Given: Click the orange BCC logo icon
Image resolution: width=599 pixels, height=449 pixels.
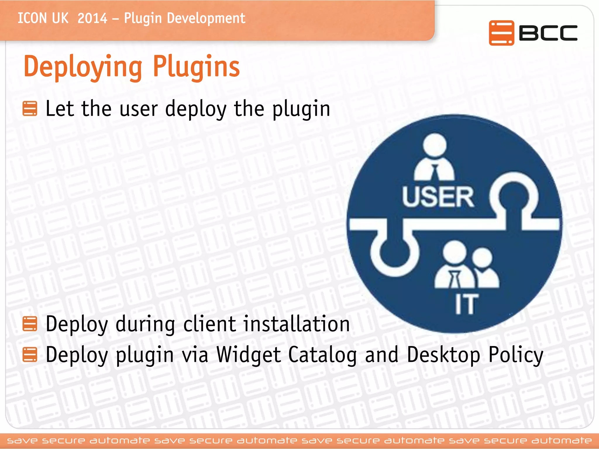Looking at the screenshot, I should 501,33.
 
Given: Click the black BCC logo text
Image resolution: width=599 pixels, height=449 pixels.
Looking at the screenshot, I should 548,33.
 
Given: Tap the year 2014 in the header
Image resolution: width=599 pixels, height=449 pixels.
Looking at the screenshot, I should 92,18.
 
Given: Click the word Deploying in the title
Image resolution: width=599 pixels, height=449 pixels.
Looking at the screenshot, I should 83,67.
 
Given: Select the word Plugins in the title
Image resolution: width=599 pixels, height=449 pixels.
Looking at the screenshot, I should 196,67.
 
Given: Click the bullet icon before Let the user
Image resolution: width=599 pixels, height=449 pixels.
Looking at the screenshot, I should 30,108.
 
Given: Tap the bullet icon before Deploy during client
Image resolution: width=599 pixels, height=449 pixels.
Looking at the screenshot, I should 30,324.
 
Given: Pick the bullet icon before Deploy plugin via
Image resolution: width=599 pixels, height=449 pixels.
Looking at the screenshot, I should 30,354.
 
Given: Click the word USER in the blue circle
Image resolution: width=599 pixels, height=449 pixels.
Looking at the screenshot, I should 438,197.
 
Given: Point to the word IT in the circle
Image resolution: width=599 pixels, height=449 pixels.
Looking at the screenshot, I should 466,304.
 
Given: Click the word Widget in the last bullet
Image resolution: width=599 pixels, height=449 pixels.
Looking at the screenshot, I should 249,355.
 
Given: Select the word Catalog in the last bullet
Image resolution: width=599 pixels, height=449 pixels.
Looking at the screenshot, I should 322,355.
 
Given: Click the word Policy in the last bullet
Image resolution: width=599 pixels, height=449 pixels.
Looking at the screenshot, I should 516,355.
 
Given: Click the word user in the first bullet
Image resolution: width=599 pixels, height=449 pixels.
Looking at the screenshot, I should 139,109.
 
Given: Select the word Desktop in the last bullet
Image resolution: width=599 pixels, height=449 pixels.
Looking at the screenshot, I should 443,355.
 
